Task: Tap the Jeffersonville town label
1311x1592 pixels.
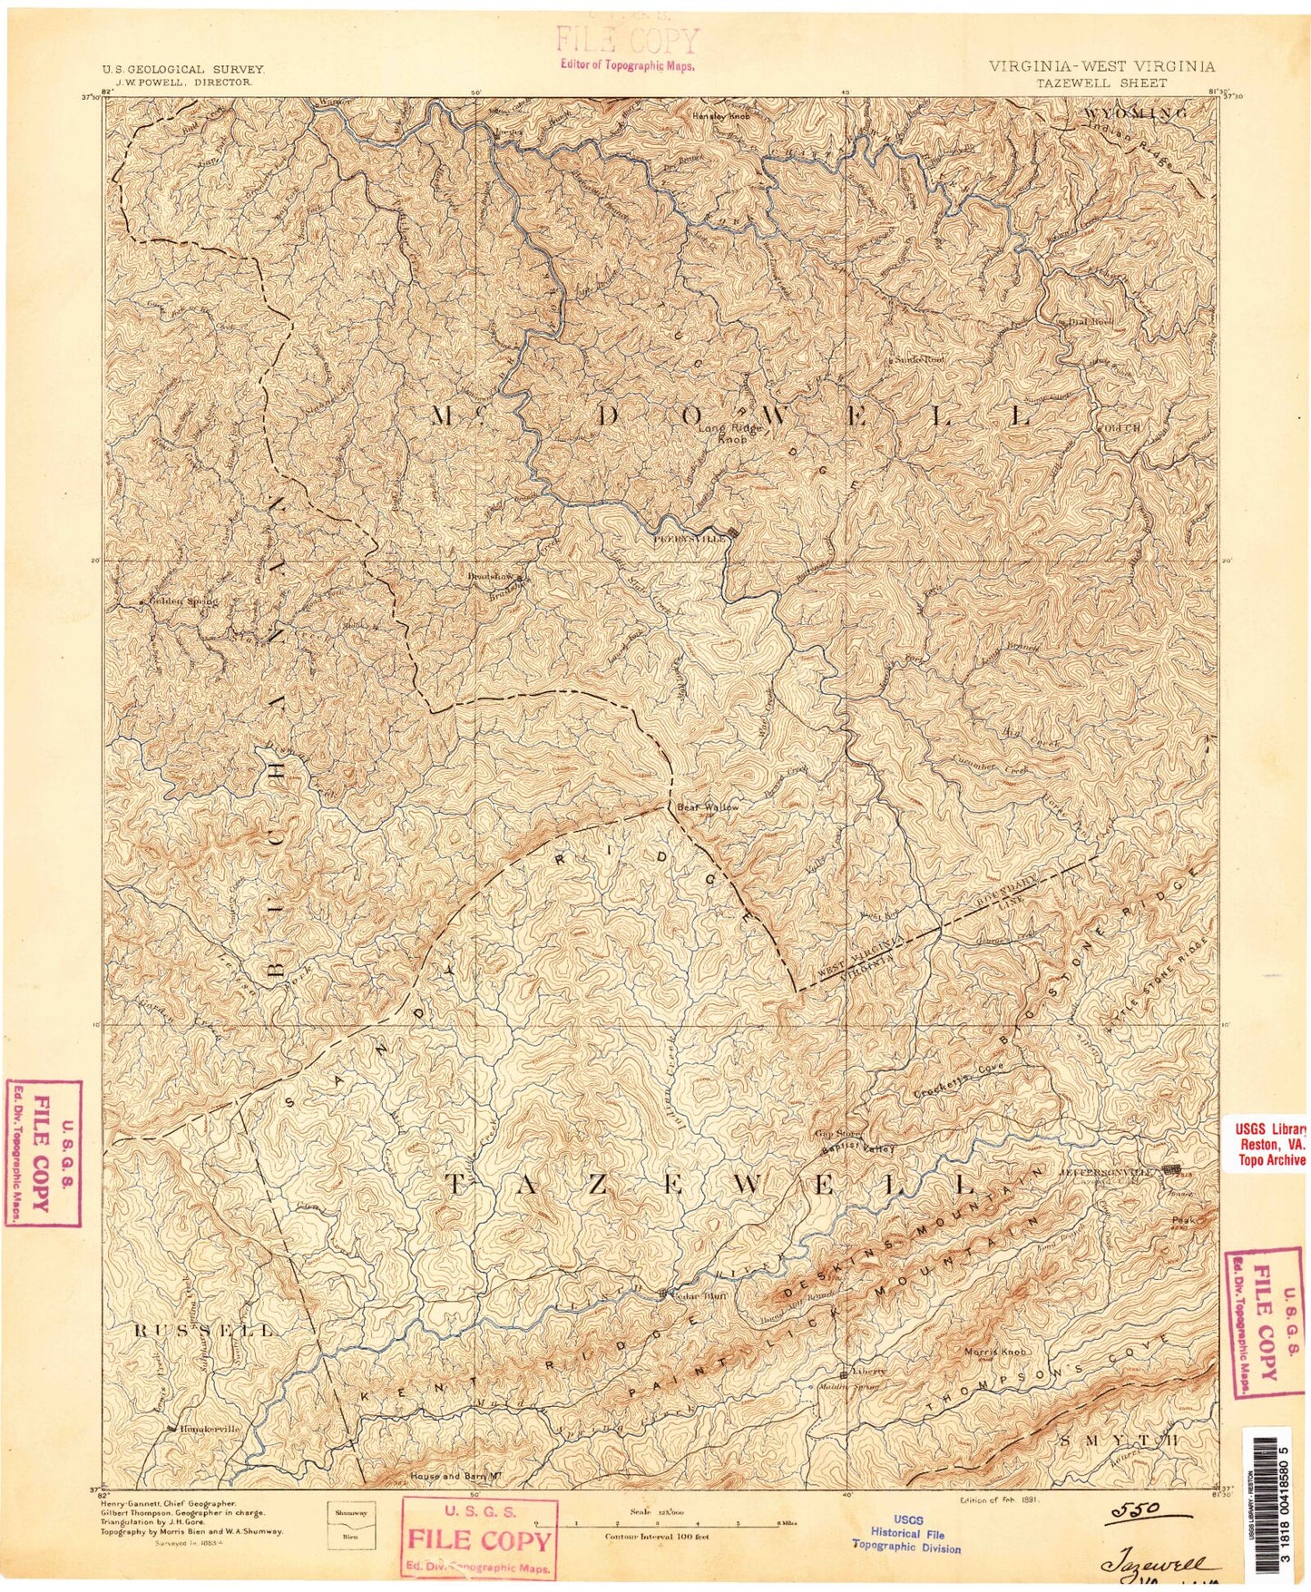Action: pyautogui.click(x=1109, y=1171)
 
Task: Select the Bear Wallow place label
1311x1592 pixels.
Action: pyautogui.click(x=708, y=806)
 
